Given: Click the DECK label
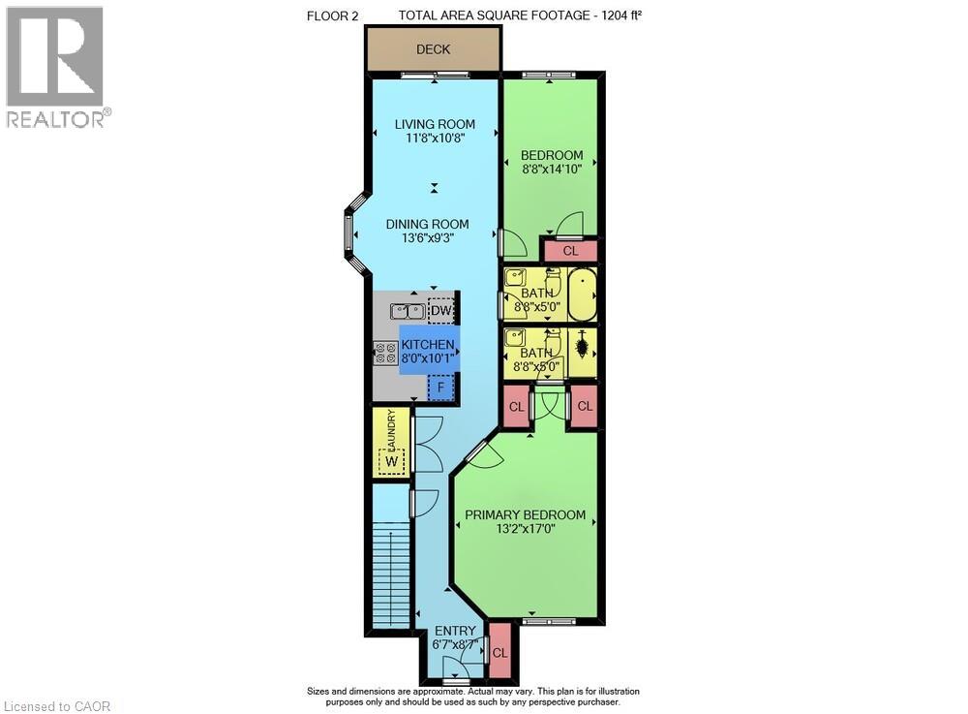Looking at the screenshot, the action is (433, 49).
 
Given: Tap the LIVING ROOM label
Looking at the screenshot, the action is (435, 124).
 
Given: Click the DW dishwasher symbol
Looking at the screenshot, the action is (440, 311).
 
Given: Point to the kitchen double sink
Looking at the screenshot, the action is (408, 311).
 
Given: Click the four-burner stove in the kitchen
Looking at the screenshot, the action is (386, 354).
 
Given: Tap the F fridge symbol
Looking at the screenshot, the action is (440, 388).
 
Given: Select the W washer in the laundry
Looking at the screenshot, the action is (391, 461).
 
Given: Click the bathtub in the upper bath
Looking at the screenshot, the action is (582, 294).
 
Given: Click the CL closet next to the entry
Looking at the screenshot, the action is (500, 652).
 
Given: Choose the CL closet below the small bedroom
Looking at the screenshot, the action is (570, 251).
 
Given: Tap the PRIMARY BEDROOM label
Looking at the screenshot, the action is (525, 515).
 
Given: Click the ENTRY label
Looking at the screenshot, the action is (455, 631).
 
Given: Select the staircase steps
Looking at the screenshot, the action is (391, 574).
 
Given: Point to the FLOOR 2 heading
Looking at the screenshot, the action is (332, 16).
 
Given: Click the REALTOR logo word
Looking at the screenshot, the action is (55, 119).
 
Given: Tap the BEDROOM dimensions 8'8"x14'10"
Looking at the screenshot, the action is (552, 169).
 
